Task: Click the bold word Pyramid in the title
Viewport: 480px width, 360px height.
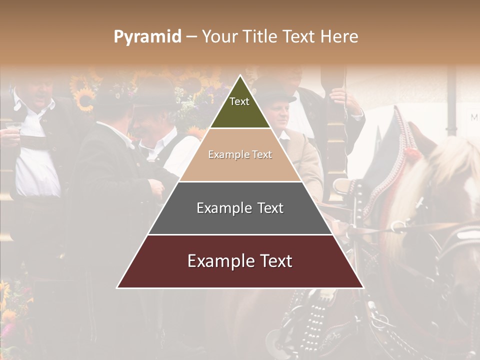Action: point(147,37)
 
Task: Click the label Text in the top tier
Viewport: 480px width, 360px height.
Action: point(239,101)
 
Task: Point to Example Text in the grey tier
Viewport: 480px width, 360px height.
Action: point(240,208)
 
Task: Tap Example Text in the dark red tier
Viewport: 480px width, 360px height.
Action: point(240,261)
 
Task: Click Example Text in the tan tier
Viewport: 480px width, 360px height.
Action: point(240,154)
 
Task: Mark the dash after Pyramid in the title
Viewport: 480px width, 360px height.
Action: point(191,37)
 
